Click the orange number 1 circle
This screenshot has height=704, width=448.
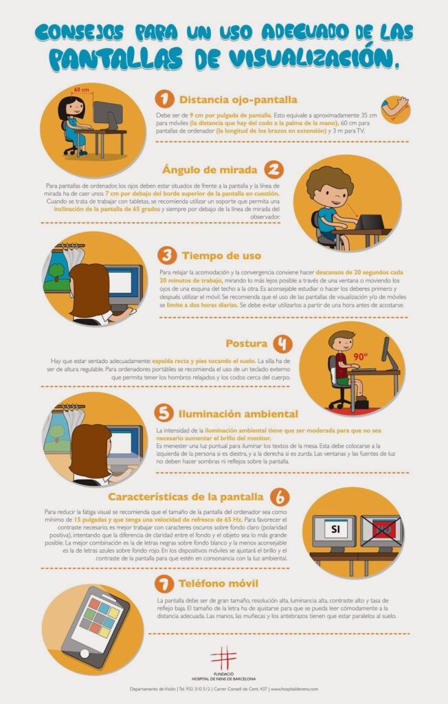164,98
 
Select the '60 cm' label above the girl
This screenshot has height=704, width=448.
80,90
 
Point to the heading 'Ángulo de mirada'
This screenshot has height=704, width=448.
210,170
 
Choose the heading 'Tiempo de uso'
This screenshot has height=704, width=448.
221,256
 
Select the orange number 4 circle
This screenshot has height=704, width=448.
282,344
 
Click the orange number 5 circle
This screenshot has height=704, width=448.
164,414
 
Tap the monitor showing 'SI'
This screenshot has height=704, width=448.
335,530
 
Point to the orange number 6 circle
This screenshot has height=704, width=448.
279,496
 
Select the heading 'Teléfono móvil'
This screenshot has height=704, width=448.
216,584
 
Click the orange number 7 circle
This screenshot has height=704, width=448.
164,584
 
